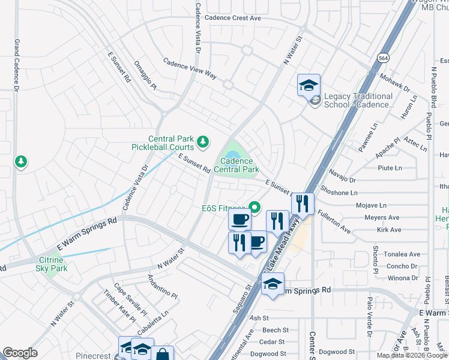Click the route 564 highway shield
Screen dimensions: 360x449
point(382,57)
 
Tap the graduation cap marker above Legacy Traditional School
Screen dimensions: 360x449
point(309,85)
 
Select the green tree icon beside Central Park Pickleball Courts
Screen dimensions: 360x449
point(203,142)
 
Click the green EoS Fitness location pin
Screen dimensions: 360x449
point(254,208)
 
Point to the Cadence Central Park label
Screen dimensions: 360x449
point(239,165)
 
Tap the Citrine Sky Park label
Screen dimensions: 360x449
point(50,263)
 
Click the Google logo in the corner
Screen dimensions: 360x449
point(20,353)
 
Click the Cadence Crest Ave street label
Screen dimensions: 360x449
point(232,18)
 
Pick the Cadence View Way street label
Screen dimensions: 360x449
point(190,68)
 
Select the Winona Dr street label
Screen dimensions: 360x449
point(402,278)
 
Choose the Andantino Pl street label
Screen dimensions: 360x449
point(162,287)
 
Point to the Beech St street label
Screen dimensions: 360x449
point(276,330)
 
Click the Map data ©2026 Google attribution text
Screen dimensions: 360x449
point(411,355)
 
